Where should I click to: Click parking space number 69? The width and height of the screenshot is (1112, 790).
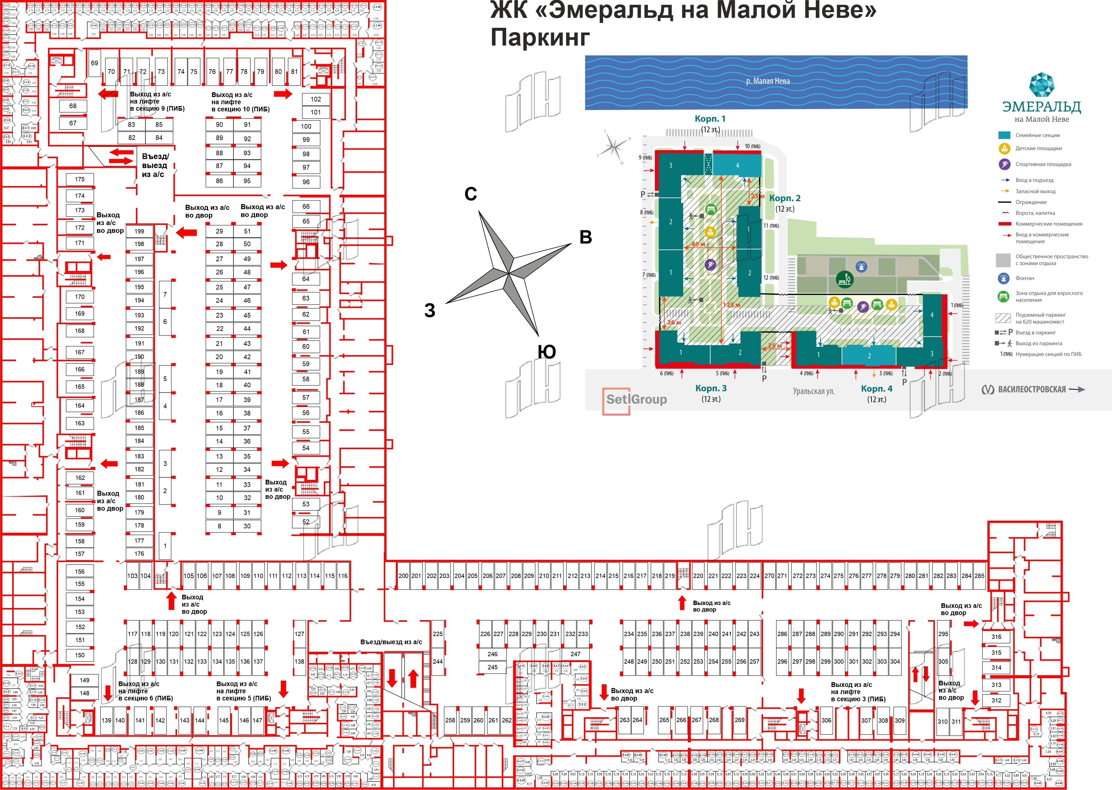coord(94,63)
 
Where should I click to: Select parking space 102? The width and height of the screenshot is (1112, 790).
coord(316,99)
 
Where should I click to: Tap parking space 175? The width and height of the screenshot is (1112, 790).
coord(80,180)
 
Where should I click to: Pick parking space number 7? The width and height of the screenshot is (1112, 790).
coord(165,294)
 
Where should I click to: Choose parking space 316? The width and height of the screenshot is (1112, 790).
coord(996,637)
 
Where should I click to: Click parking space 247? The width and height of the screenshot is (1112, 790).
coord(575,654)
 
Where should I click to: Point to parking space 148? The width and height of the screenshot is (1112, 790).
coord(85,693)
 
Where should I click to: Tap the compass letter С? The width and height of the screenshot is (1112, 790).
coord(471,194)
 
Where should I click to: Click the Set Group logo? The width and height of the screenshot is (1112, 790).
coord(635,400)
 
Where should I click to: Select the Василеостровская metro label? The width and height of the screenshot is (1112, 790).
coord(1032,389)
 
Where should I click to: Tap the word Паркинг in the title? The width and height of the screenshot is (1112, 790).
coord(540,38)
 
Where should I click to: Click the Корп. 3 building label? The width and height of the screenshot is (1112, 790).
coord(711,388)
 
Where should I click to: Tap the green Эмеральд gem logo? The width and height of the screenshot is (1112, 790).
coord(1041,86)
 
